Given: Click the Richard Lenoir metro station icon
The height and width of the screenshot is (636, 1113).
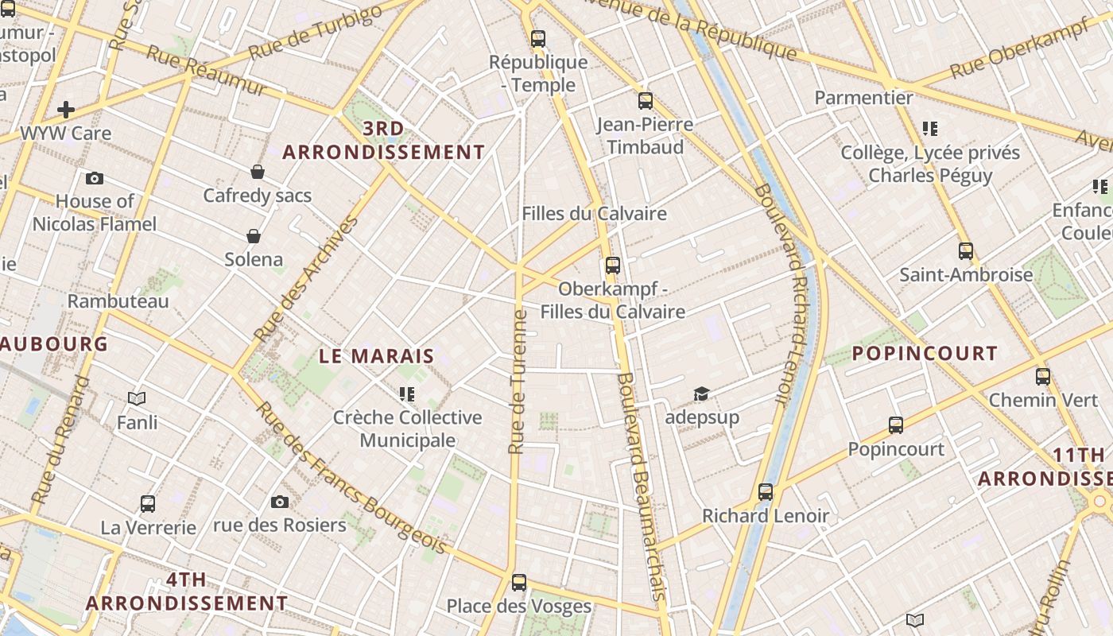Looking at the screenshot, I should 766,492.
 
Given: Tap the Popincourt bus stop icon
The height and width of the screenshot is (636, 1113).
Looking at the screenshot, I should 896,425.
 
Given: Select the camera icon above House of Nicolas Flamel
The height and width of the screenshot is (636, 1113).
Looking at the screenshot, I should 95,178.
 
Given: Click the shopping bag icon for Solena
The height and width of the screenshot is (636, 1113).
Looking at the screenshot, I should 254,236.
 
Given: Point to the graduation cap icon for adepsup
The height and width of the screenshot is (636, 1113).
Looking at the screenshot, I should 701,394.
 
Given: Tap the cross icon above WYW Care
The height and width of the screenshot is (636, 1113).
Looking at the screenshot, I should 66,110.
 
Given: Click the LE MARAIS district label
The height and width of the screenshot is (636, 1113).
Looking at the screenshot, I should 377,356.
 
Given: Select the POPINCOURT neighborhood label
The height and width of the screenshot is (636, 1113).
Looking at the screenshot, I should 925,354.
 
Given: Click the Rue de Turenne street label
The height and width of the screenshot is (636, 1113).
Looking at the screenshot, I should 518,382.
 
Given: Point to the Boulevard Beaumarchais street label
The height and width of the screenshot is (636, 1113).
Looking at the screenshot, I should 641,485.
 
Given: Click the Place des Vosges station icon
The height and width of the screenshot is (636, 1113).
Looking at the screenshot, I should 519,583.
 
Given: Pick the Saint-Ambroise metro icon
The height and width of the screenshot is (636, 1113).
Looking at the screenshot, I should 966,251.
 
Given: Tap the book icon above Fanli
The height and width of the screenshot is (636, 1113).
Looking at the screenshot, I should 137,398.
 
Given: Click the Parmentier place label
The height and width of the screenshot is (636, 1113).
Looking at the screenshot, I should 863,98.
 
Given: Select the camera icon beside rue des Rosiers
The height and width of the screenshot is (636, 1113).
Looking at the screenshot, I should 279,502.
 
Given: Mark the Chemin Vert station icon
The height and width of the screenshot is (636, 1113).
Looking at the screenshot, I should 1043,377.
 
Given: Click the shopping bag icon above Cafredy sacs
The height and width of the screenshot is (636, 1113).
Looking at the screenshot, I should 258,172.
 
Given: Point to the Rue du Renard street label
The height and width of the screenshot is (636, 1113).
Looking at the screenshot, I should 60,440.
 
